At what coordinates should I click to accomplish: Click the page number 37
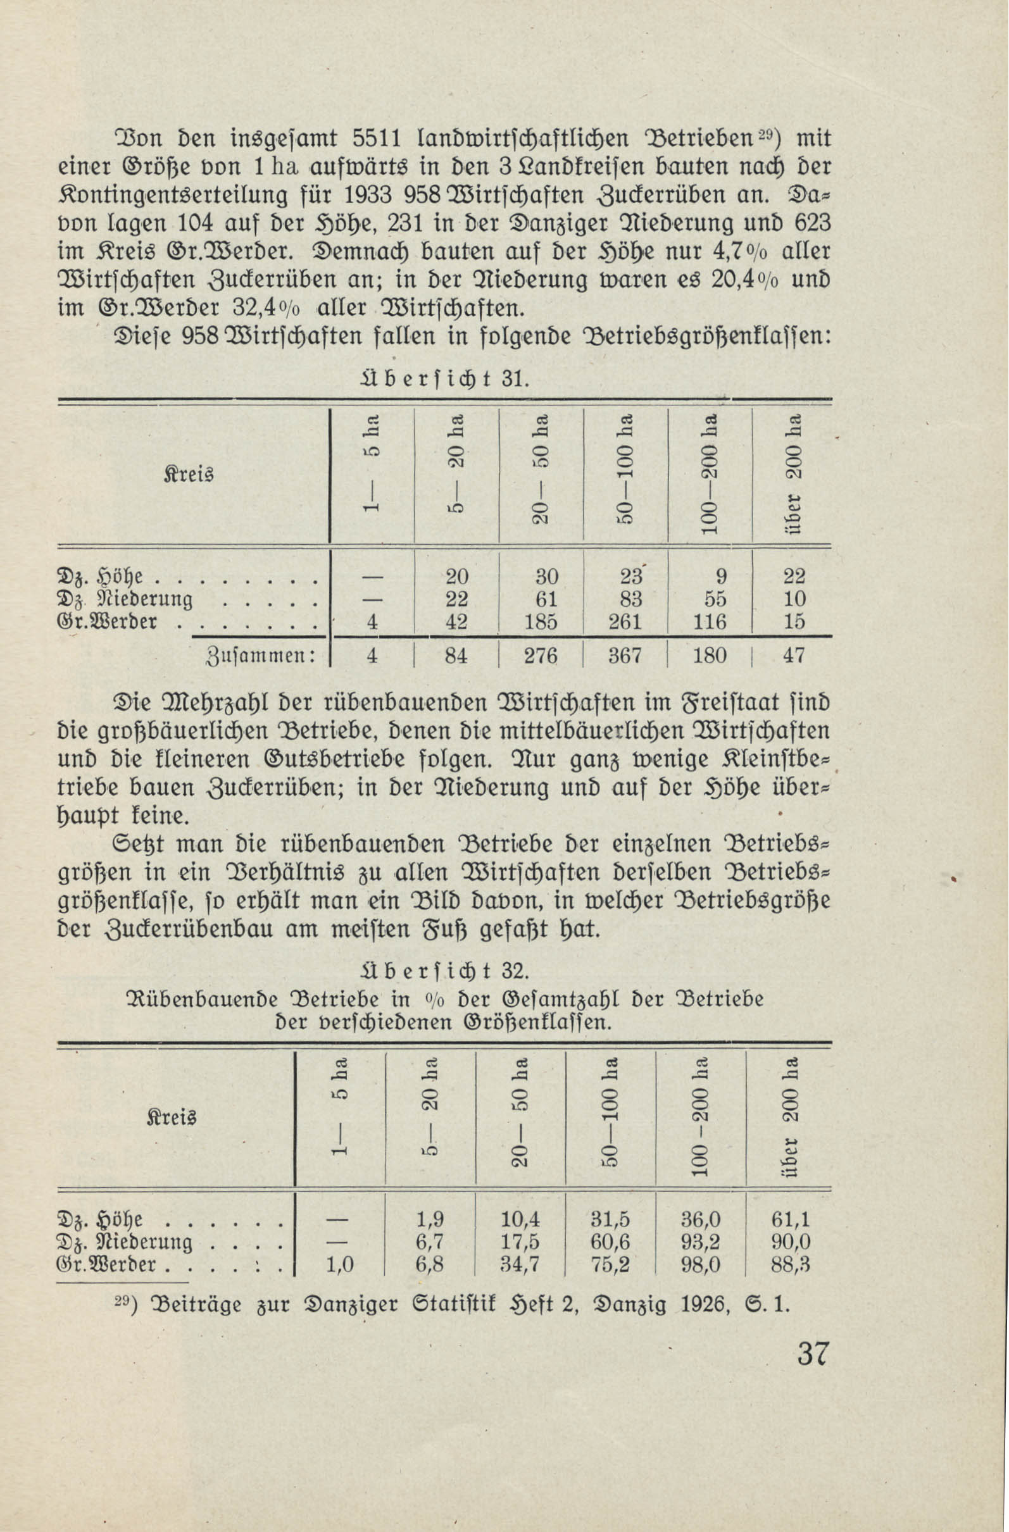pos(812,1354)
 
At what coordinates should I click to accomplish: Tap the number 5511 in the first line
pos(379,138)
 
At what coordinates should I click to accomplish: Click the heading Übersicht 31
pos(446,378)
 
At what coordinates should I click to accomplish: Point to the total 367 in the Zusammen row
pos(627,656)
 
